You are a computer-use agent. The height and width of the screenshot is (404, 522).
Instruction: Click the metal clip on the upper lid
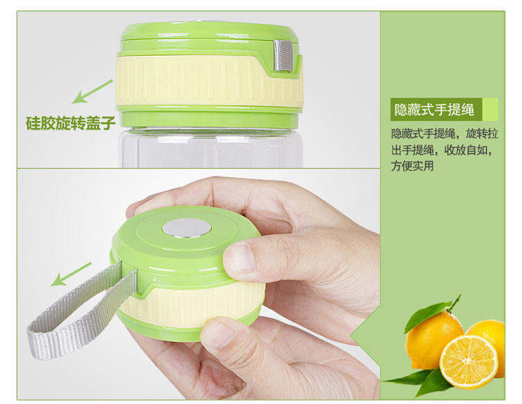point(283,56)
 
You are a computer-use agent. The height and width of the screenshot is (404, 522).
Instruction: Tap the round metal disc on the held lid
point(187,228)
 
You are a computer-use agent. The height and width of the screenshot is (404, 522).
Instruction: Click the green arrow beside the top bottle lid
point(92,91)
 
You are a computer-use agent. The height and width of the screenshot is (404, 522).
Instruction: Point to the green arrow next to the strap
point(70,274)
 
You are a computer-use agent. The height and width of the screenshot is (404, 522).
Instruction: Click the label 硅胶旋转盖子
point(70,123)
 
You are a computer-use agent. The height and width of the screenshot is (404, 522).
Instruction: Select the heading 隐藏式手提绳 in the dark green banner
point(434,109)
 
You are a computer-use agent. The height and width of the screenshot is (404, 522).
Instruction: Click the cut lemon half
point(468,362)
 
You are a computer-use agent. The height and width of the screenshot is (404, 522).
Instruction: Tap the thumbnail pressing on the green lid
point(240,258)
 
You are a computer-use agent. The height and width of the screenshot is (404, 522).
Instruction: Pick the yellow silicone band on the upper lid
point(209,81)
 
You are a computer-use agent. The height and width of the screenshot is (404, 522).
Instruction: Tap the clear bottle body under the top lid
point(210,148)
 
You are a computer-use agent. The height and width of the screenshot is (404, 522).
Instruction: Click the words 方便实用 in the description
point(412,166)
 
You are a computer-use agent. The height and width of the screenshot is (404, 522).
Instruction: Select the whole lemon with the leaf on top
point(433,340)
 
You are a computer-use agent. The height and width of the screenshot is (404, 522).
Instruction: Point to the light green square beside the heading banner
point(490,109)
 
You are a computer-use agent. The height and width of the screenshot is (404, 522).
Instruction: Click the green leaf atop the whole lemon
point(432,313)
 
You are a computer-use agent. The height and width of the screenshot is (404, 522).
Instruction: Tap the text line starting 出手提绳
point(441,150)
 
